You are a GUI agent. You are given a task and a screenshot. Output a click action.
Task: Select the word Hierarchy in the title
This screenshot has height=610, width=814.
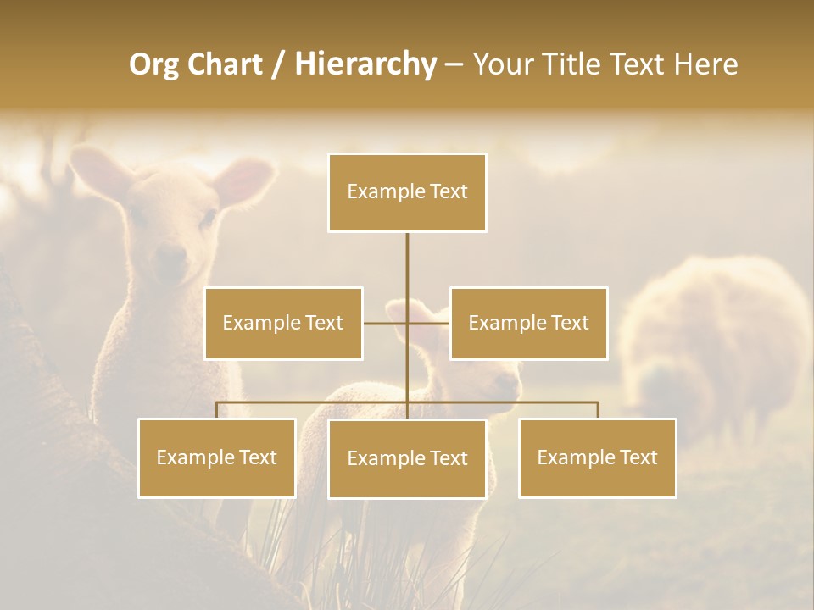point(365,64)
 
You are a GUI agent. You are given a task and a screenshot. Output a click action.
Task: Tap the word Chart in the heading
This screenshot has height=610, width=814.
point(228,64)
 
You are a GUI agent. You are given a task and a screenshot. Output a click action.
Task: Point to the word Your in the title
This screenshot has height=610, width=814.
point(501,64)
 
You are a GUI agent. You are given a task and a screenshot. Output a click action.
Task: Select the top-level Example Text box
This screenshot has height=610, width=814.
point(407,192)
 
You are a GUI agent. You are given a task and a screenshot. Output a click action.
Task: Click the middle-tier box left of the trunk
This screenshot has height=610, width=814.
point(283,323)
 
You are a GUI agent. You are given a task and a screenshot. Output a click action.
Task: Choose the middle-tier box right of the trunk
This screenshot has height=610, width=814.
point(528,323)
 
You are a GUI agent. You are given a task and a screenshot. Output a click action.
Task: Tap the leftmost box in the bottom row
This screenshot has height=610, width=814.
point(216,457)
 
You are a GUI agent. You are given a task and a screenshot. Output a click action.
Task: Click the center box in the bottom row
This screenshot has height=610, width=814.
point(407,458)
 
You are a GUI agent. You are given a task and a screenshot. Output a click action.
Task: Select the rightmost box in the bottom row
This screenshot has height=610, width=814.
point(597,457)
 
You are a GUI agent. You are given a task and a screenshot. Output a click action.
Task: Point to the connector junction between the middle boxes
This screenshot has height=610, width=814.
point(407,323)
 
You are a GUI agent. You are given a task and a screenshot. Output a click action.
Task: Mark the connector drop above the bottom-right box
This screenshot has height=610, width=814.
point(597,410)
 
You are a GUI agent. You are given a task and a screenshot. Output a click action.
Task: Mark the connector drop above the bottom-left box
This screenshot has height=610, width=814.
point(216,410)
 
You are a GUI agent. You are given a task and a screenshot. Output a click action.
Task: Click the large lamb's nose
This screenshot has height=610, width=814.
point(170,254)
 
